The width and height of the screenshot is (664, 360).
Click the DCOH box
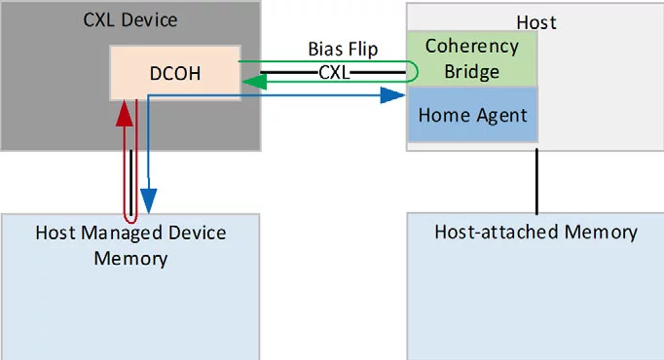pos(174,72)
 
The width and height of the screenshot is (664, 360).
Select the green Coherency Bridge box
pos(471,58)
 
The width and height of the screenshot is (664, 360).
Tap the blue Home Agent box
pos(471,115)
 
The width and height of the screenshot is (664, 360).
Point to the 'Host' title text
pos(535,20)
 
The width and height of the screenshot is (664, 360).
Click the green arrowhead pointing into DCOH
pos(252,83)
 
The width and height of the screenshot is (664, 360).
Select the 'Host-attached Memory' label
pos(535,233)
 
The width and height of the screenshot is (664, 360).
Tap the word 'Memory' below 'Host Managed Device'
pos(130,258)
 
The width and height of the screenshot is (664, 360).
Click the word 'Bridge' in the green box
pos(472,71)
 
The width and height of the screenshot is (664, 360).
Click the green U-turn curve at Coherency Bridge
pos(416,72)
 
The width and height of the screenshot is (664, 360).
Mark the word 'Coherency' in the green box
pos(472,47)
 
